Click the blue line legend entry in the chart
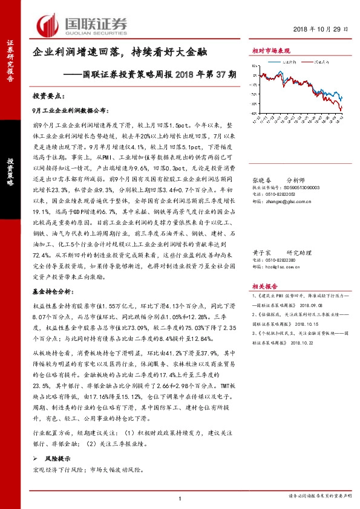(x=284, y=62)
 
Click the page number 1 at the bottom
(x=180, y=498)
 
